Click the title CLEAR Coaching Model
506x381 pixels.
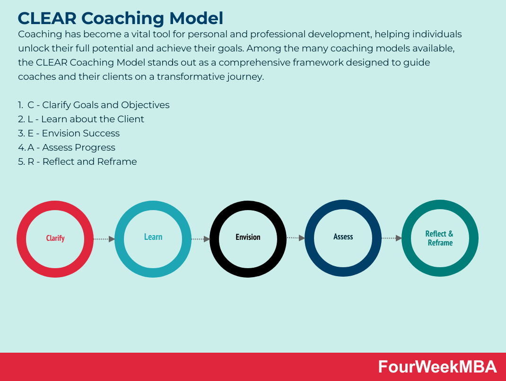tap(120, 18)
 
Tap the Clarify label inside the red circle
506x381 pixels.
tap(55, 238)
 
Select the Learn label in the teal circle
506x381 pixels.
tap(153, 237)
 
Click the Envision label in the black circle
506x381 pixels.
tap(248, 237)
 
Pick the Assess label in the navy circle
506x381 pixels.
tap(343, 237)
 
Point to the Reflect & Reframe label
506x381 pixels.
tap(439, 238)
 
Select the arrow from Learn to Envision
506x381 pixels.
tap(200, 239)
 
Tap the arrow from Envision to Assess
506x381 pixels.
tap(296, 238)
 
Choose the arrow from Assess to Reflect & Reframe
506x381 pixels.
tap(391, 238)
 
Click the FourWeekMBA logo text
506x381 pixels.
tap(437, 367)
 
